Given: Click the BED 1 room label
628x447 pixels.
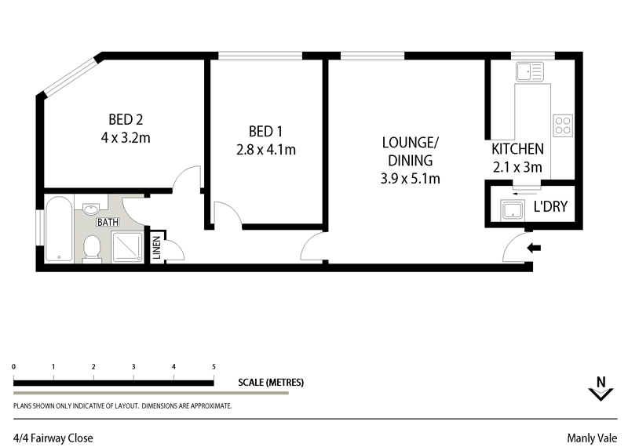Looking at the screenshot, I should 265,131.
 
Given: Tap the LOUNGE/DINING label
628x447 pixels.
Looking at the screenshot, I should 410,151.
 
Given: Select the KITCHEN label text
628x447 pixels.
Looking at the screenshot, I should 517,149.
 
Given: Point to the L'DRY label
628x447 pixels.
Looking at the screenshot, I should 550,208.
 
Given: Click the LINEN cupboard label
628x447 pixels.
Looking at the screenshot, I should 156,249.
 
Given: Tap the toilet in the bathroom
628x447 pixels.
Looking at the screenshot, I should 92,249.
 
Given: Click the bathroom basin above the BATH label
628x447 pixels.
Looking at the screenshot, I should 91,209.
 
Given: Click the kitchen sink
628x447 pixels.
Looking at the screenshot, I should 529,72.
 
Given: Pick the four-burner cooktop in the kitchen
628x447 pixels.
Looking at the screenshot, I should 562,125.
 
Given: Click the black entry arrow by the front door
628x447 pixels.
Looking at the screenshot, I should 534,249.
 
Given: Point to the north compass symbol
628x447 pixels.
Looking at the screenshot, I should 601,388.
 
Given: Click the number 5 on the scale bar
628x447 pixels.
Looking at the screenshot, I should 214,367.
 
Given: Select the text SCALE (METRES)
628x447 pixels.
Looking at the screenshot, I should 271,383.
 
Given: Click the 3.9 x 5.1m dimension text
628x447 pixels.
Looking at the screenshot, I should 409,179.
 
